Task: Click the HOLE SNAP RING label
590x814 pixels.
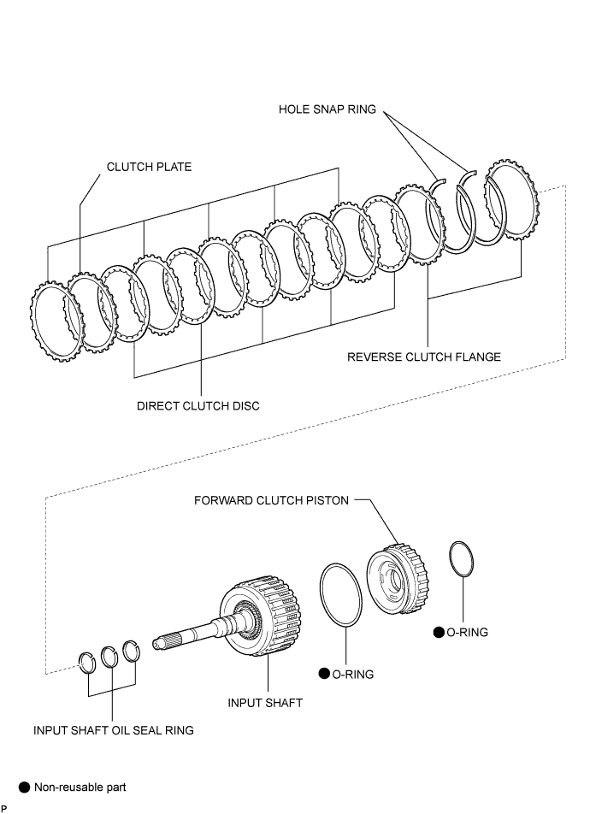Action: [x=327, y=109]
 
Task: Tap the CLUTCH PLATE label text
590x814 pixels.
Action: [x=149, y=167]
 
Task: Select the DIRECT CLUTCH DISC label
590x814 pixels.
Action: [x=198, y=406]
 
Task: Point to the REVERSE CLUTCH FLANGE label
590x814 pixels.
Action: [x=424, y=357]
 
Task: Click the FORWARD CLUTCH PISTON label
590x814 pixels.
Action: [x=271, y=500]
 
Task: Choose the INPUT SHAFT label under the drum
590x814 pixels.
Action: [x=265, y=703]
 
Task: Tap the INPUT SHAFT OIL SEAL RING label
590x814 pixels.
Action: [x=113, y=730]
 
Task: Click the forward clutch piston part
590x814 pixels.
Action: [x=398, y=579]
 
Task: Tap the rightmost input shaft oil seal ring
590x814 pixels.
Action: [x=125, y=652]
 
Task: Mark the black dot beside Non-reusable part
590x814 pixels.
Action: [x=25, y=787]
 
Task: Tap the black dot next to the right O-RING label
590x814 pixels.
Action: [x=439, y=633]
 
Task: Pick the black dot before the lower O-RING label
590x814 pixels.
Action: [x=324, y=674]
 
